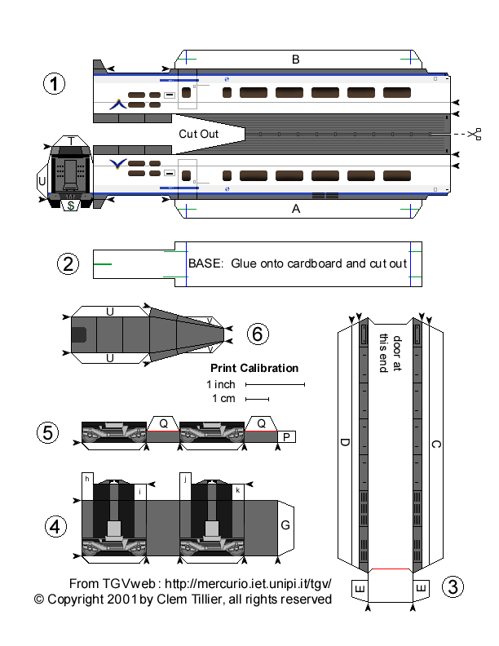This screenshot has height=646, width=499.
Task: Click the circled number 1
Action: tap(54, 84)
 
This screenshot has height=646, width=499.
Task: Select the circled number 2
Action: tap(68, 263)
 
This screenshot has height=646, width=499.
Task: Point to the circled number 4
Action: tap(55, 527)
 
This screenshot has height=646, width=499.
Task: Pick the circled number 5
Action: tap(49, 432)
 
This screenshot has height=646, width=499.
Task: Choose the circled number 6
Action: tap(257, 333)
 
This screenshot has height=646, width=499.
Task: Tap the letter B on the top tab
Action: tap(296, 59)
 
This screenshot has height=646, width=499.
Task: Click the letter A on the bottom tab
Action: tap(296, 208)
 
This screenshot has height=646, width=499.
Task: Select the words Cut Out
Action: tap(198, 132)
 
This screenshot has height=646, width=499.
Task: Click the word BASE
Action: tap(204, 263)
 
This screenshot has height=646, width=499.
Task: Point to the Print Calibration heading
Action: tap(254, 368)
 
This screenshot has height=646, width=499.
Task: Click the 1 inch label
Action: tap(221, 383)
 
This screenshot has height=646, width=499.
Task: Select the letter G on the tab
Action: tap(285, 525)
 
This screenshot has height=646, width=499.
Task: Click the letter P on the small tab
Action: tap(286, 437)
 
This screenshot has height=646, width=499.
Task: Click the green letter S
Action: tap(71, 206)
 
